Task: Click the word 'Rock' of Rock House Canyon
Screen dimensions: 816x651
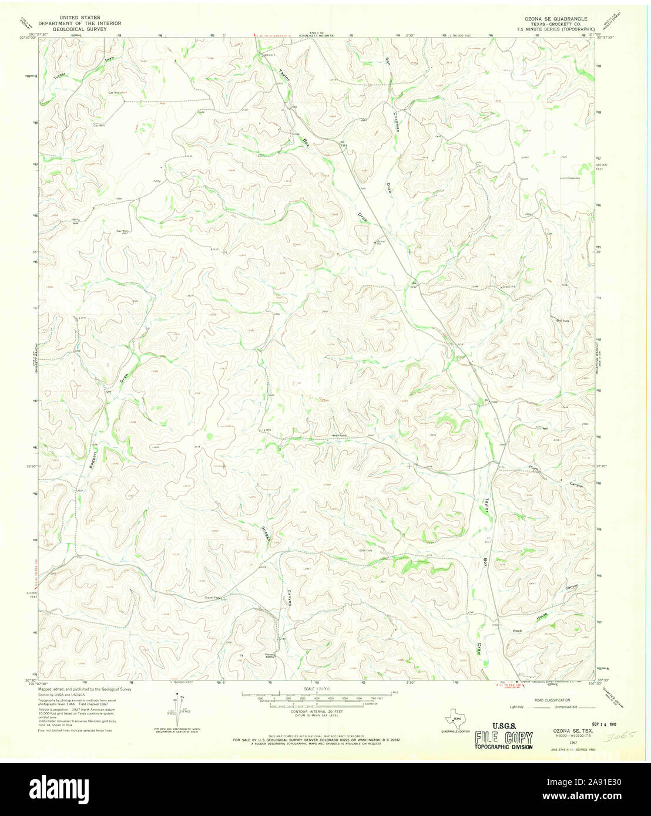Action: point(518,630)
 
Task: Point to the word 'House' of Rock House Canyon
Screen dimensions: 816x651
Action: point(542,617)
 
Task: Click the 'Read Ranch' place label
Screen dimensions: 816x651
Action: point(340,436)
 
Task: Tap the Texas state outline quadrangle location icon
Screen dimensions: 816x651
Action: point(455,718)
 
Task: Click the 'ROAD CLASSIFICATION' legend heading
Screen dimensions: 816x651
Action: point(551,701)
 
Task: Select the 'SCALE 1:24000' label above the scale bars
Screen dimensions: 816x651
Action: point(317,689)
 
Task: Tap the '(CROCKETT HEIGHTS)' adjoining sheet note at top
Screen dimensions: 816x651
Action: point(316,36)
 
